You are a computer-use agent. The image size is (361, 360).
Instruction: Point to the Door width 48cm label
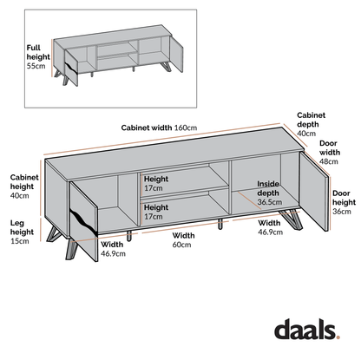click(x=331, y=154)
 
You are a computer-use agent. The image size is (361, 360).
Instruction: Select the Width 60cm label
click(x=183, y=240)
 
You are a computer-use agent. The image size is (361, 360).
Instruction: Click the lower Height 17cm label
click(x=156, y=213)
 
